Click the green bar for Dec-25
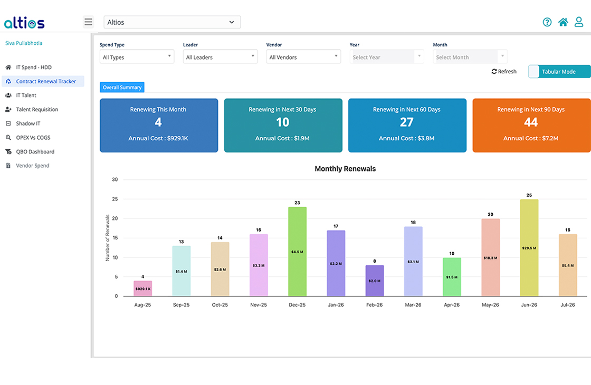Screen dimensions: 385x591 coord(297,251)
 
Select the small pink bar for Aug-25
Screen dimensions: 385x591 coord(142,288)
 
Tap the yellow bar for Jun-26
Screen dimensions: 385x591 coord(529,247)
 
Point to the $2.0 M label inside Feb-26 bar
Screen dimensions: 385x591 coord(375,281)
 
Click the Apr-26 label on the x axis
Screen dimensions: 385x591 coord(452,305)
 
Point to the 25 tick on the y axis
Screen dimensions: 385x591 coord(115,199)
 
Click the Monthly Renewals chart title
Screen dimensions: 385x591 coord(345,169)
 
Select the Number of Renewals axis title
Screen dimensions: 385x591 coord(108,238)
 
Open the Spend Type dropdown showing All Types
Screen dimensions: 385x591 coord(137,57)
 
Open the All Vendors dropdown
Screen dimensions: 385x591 coord(303,57)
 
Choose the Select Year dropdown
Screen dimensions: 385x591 coord(386,57)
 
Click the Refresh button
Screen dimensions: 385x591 coord(504,72)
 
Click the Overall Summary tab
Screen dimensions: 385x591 coord(122,88)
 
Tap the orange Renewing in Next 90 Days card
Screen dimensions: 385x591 coord(531,126)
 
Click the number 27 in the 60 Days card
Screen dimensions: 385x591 coord(406,122)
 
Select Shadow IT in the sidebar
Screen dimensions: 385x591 coord(28,123)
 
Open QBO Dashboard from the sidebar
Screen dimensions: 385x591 coord(35,151)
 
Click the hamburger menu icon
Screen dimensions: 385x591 coord(88,22)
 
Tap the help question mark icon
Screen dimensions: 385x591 coord(547,22)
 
